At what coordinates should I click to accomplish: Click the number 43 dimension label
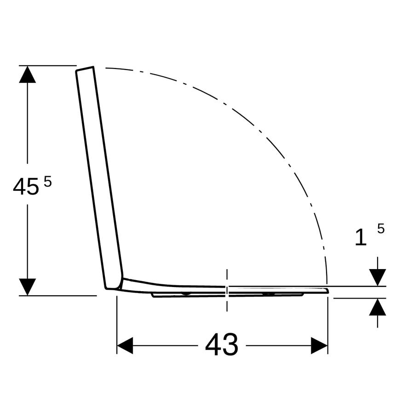click(x=222, y=345)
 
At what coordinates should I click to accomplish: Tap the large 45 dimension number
click(x=26, y=187)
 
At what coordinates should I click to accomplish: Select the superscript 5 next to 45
click(x=48, y=182)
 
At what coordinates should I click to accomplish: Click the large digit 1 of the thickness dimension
click(x=361, y=237)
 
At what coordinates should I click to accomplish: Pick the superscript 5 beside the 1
click(x=381, y=228)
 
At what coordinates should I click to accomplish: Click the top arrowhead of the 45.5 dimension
click(x=28, y=74)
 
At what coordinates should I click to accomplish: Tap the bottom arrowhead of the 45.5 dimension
click(x=28, y=287)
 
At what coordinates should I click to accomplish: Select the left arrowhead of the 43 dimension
click(x=125, y=345)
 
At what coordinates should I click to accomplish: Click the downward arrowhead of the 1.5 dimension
click(x=378, y=277)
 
